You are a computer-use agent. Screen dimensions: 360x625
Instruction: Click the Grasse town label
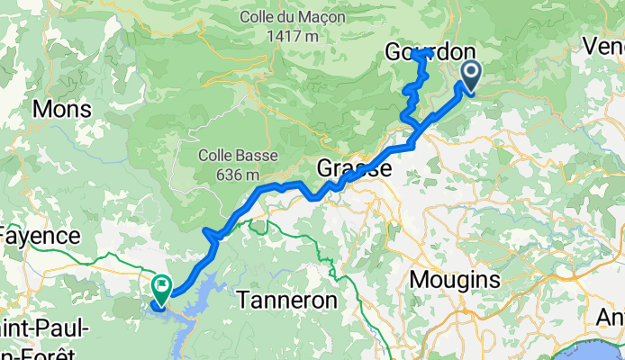coord(354,168)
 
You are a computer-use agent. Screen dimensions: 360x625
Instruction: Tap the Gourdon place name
coord(422,52)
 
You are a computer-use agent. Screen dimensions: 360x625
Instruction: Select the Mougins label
coord(455,280)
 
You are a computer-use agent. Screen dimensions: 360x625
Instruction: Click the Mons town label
coord(62,110)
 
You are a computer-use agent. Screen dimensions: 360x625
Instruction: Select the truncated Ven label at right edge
coord(603,45)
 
